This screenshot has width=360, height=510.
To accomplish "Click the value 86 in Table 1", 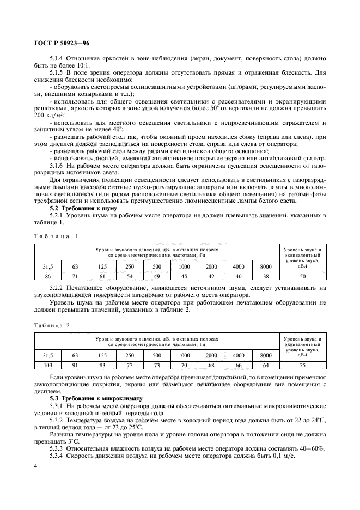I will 48,277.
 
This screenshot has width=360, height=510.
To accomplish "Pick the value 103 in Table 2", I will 48,365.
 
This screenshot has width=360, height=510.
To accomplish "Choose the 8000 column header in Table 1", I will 266,266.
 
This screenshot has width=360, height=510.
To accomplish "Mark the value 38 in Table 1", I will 266,277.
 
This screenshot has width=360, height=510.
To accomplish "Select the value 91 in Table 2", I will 75,365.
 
